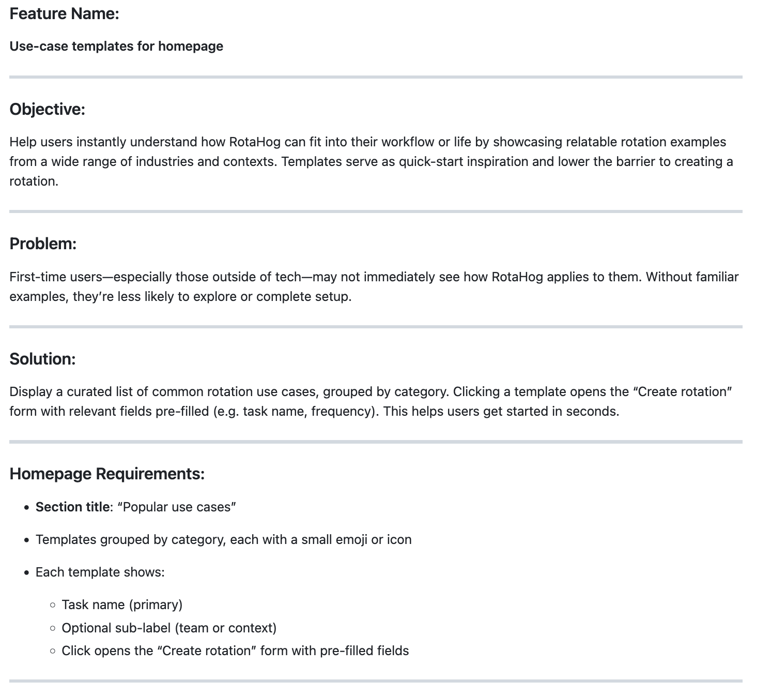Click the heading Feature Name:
[x=64, y=14]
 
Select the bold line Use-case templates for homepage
[x=116, y=47]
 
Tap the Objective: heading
[x=47, y=110]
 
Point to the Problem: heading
[x=43, y=244]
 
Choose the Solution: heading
[x=42, y=359]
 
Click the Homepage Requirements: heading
[x=107, y=474]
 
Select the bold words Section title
[x=72, y=507]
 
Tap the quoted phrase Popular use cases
[x=177, y=507]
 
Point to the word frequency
[x=342, y=412]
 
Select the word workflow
[x=407, y=142]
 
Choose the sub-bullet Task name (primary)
[x=122, y=604]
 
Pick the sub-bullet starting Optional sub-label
[x=169, y=628]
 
